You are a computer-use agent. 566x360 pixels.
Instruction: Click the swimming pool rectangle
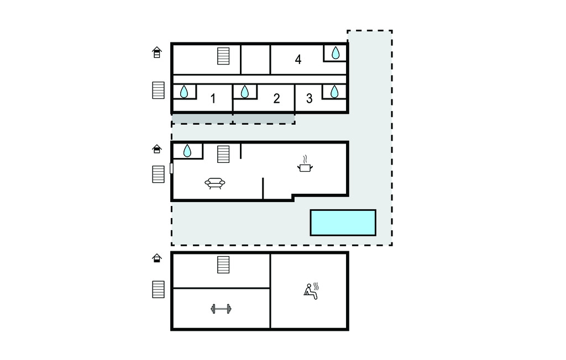tap(343, 223)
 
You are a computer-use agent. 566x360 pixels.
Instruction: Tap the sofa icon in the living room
tap(215, 183)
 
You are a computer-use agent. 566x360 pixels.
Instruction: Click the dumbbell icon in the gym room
tap(221, 309)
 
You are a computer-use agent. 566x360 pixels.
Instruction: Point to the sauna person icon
tap(311, 291)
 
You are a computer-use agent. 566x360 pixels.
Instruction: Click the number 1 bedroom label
tap(213, 98)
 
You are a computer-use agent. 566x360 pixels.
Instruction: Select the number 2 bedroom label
tap(276, 98)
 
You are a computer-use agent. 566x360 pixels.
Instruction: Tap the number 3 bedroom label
tap(310, 98)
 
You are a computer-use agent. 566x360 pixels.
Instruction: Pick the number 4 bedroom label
tap(298, 60)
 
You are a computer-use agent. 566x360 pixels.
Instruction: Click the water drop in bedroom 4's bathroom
tap(336, 52)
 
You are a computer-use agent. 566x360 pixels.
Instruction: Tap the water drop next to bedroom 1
tap(184, 92)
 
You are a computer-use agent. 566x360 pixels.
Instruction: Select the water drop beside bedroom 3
tap(334, 92)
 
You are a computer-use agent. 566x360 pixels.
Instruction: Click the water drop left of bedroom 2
tap(245, 92)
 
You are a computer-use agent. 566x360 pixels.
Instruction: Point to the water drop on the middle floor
tap(187, 151)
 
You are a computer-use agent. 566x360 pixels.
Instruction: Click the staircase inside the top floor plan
tap(223, 56)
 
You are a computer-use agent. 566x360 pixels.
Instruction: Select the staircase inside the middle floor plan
tap(223, 154)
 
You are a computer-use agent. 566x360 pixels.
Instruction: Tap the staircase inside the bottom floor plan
tap(223, 265)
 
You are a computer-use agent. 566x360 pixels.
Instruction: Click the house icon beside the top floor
tap(156, 52)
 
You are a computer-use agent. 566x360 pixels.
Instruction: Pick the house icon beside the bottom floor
tap(156, 258)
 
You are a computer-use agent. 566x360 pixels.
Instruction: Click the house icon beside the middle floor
tap(156, 149)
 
